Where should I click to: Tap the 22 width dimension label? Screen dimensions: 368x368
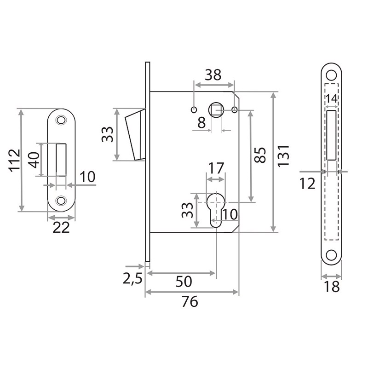pos(61,227)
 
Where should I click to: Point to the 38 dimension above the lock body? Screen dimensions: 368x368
pos(213,75)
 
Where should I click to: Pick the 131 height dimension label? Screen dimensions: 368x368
pos(284,155)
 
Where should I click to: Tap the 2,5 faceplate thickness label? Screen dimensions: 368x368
pos(132,279)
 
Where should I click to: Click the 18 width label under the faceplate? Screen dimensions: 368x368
pos(331,287)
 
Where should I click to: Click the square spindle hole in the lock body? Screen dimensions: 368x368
pos(216,110)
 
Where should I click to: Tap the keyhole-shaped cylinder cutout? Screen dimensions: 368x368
pos(216,209)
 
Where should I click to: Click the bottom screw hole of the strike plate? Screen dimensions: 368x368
pos(60,201)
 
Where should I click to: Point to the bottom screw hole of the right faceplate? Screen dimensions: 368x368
pos(331,255)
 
